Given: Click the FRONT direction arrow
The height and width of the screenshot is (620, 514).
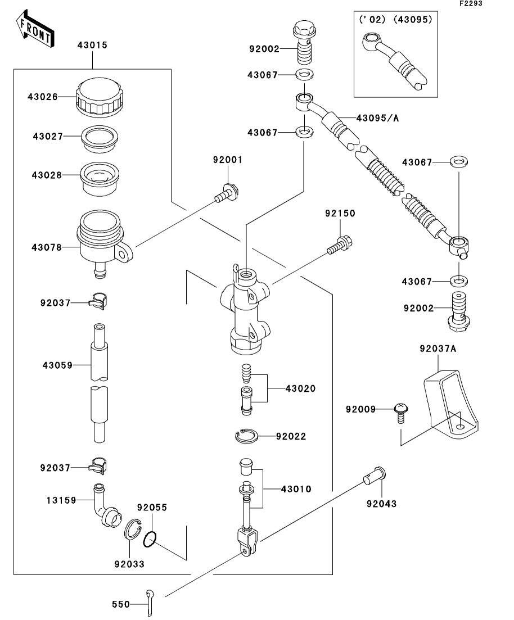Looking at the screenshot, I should [35, 30].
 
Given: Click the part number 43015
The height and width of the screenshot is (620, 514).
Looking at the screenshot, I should [92, 45].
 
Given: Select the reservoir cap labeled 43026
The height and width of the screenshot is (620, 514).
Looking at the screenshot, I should [99, 97].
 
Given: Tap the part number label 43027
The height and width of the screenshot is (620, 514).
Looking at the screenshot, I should [47, 136].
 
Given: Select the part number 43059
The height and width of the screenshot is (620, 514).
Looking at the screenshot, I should [57, 365].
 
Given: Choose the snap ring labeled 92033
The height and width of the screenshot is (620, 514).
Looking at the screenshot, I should [133, 530].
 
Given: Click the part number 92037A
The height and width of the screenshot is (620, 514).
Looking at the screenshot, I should [438, 349].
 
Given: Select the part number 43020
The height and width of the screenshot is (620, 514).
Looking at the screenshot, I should [300, 388].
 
